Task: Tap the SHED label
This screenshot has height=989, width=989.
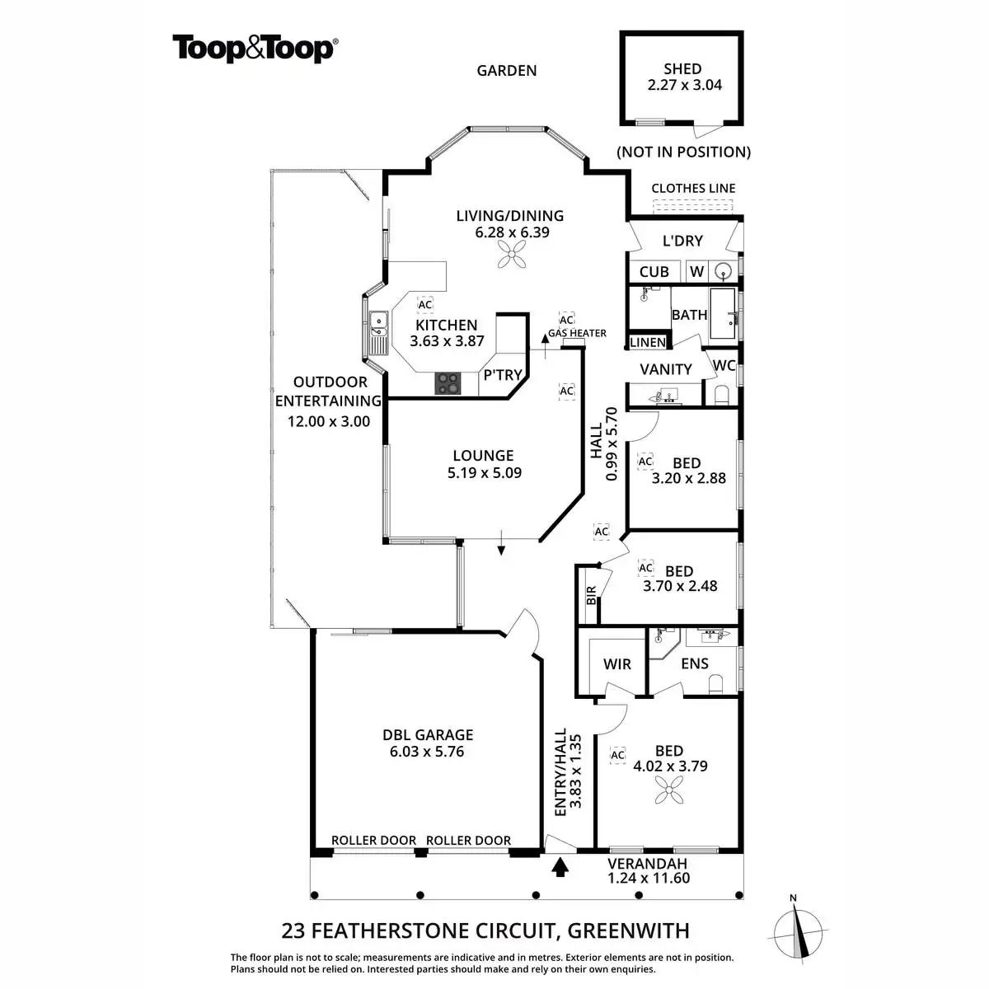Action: tap(682, 69)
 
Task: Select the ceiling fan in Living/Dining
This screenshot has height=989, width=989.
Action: tap(512, 259)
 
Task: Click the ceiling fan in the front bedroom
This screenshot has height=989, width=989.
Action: tap(668, 794)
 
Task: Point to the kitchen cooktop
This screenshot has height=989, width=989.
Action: tap(449, 382)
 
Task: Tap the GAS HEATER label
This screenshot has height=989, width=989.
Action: tap(577, 333)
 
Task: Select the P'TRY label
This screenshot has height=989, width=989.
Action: tap(502, 375)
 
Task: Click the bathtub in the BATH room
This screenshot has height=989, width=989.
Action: tap(724, 314)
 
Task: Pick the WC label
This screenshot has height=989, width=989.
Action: tap(724, 365)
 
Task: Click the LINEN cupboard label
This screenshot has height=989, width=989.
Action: tap(648, 342)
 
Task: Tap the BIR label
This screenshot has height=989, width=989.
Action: tap(590, 596)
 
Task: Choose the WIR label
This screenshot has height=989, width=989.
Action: tap(617, 664)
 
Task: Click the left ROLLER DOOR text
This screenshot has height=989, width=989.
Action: tap(373, 841)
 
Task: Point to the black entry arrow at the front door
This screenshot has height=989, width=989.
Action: tap(560, 867)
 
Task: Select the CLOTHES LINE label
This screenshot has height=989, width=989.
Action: tap(693, 188)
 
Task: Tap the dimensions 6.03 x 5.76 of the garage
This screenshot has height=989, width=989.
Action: tap(427, 752)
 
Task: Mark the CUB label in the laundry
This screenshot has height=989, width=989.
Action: tap(654, 271)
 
